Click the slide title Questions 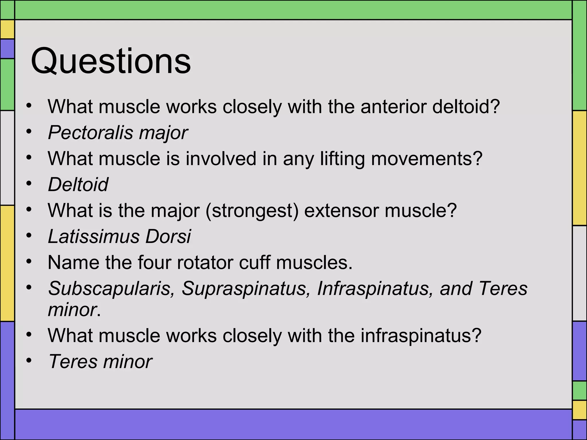click(111, 61)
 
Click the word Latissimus click(93, 236)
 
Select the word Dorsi click(168, 236)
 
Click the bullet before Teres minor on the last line click(29, 361)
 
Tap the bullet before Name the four click(29, 262)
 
